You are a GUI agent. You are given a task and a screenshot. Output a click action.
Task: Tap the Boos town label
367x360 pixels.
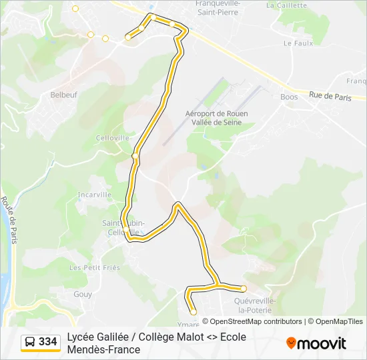(x=289, y=97)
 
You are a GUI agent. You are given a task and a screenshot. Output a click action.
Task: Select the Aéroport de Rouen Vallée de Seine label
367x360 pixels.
(x=216, y=118)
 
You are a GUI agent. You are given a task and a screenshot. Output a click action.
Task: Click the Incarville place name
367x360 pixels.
(x=94, y=195)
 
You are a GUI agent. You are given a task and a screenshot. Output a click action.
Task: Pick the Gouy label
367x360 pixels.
(x=83, y=293)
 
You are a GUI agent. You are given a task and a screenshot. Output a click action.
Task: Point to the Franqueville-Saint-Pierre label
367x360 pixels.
(x=217, y=7)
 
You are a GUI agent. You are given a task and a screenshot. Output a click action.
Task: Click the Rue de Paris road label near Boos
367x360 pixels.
(x=330, y=96)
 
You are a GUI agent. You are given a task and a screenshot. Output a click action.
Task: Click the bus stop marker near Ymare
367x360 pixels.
(x=194, y=311)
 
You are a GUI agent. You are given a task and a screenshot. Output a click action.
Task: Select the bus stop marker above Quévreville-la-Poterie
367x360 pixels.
(x=244, y=289)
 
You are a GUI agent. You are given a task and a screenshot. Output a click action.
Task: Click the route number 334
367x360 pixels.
(x=48, y=342)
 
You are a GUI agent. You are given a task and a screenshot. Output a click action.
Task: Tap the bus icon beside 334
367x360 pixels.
(x=30, y=342)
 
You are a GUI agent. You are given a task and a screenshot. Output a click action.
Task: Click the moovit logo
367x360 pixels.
(x=316, y=343)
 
